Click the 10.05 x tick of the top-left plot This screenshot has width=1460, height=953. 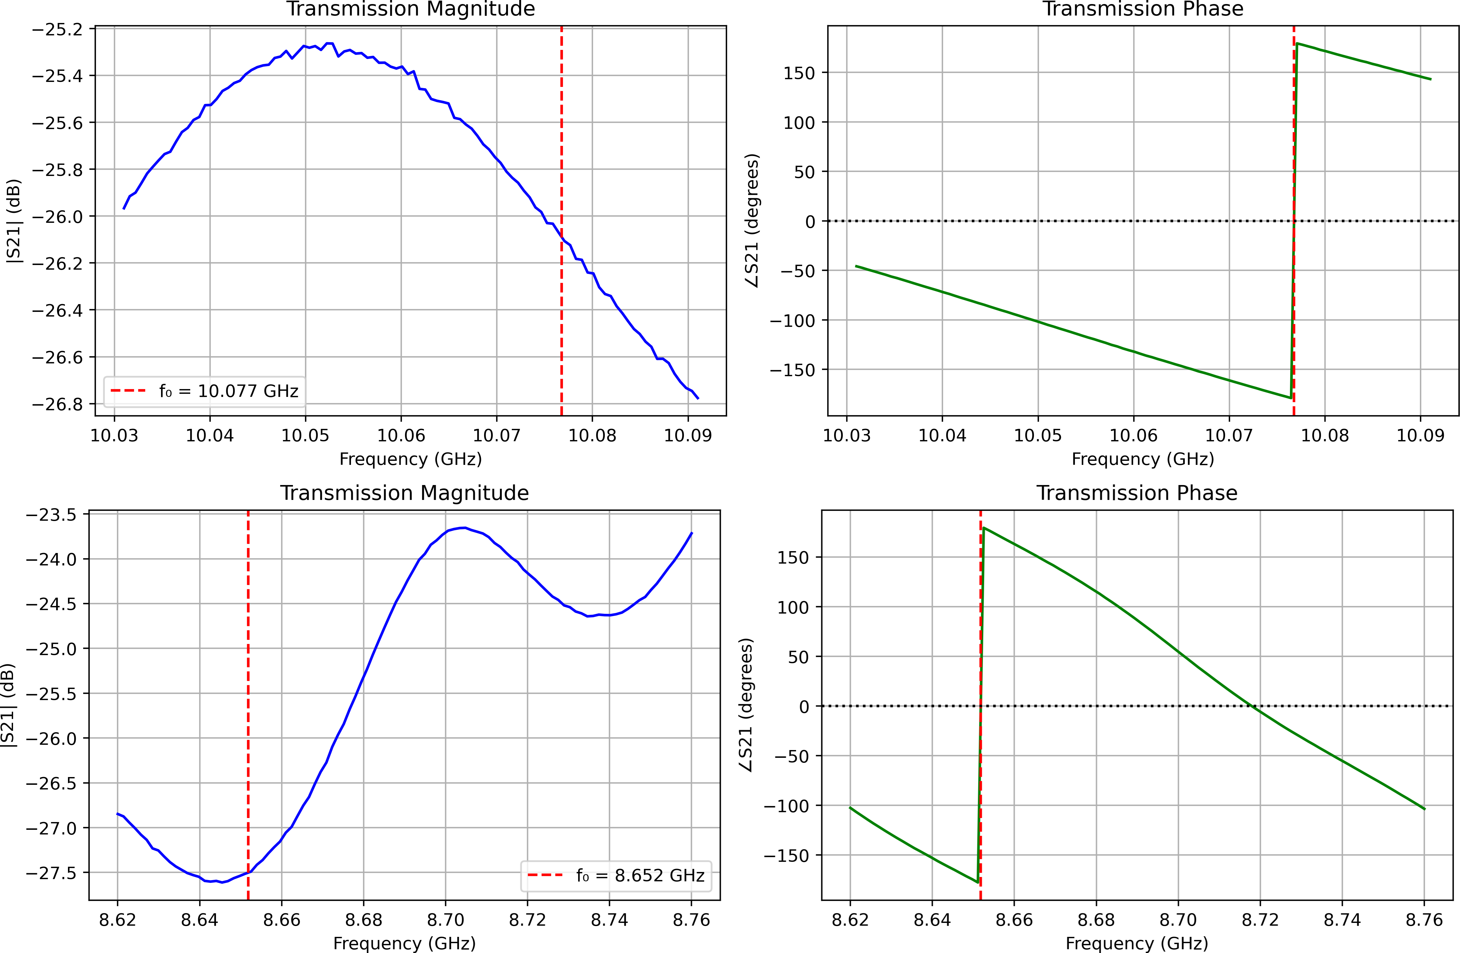tap(305, 436)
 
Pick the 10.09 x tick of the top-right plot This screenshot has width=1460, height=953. tap(1420, 436)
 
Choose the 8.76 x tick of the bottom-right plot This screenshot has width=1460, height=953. tap(1424, 920)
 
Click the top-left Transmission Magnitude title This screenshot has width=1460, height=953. tap(411, 9)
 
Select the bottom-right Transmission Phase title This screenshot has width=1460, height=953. tap(1137, 493)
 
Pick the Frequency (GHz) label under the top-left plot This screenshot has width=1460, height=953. tap(411, 459)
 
